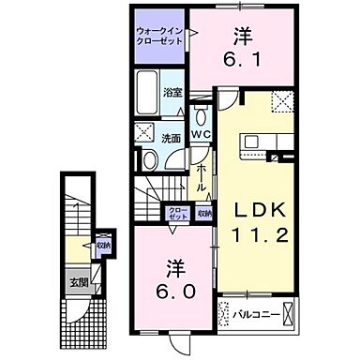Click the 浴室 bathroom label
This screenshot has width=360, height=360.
pos(172,93)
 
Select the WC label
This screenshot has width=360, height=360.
pos(202,134)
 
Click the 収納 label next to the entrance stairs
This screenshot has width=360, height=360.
pos(103,246)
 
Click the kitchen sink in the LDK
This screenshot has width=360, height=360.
pos(251,143)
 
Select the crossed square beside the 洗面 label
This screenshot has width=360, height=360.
pos(146,131)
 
